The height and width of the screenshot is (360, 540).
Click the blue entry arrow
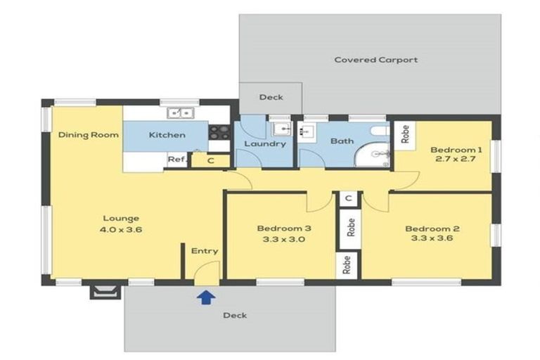205,297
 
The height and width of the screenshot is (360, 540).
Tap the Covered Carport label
375,60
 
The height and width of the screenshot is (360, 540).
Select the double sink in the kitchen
181,112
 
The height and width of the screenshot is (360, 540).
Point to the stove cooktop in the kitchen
219,131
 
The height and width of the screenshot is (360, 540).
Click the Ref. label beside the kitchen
176,160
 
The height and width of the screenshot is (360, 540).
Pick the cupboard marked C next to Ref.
210,161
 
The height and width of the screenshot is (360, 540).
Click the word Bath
342,141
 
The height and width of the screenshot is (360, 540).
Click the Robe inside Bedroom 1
405,134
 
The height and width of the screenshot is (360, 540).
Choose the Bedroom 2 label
432,229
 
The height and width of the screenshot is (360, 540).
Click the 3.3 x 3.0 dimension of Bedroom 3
283,240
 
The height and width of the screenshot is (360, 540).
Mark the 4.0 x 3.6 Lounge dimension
122,229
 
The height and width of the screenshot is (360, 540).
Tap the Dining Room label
89,134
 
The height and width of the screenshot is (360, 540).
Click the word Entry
205,251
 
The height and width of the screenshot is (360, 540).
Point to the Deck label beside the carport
271,97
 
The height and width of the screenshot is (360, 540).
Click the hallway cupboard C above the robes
348,199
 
